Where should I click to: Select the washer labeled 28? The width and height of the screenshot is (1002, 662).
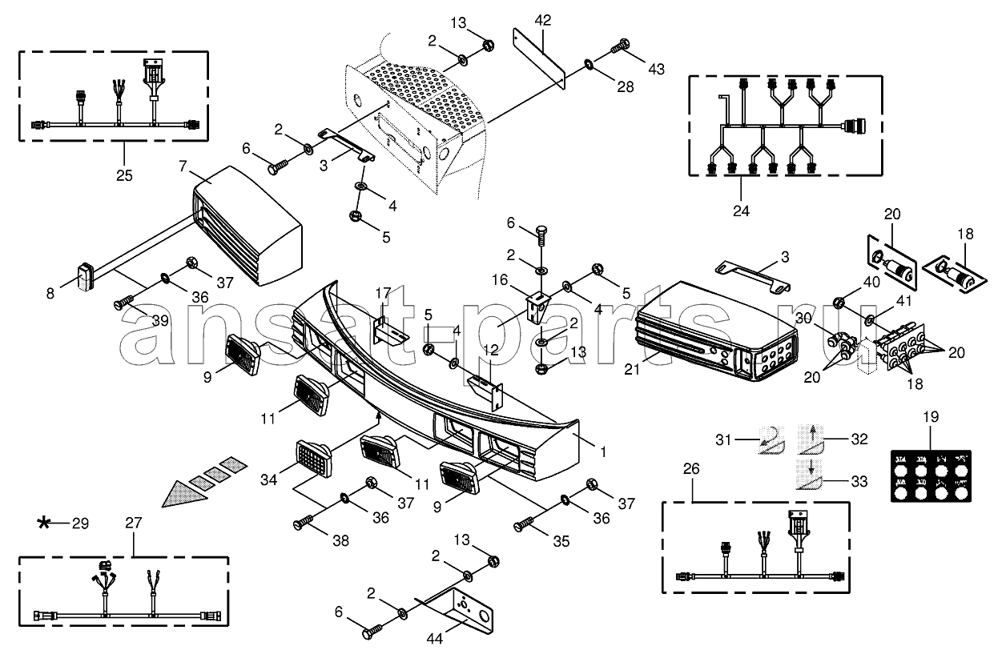[x=589, y=62]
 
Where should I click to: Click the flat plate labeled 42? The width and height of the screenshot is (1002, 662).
[x=538, y=57]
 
